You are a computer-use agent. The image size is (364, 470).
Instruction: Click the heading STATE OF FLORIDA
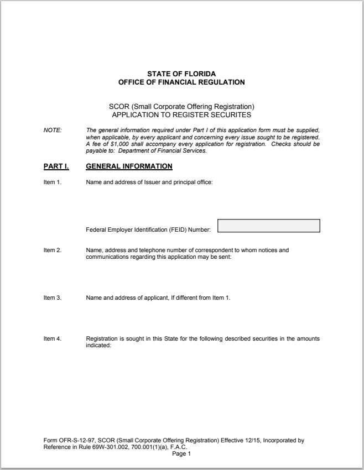[181, 74]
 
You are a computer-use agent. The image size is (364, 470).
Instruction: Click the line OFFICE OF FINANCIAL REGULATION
[181, 82]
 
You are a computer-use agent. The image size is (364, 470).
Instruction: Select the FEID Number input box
[269, 226]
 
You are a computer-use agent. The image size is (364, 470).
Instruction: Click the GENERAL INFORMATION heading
[129, 166]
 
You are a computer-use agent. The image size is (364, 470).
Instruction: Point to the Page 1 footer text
[181, 454]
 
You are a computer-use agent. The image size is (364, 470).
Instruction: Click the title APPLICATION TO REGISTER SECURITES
[181, 115]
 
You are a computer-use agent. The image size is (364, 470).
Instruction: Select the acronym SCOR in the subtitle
[118, 107]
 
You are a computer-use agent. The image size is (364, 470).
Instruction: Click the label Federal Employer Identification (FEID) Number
[149, 229]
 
